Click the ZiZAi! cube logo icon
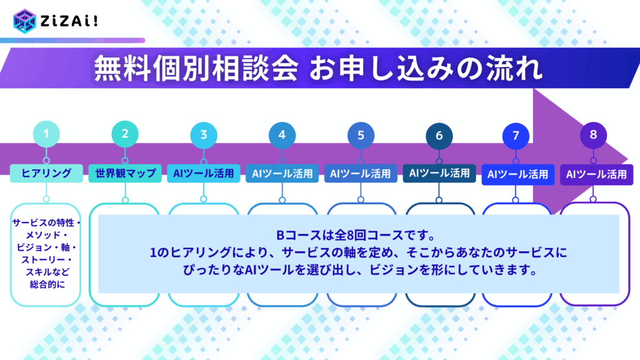pos(24,21)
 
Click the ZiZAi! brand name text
pos(69,21)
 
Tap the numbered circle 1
pos(46,134)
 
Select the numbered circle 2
pos(125,134)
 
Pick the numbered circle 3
pos(204,135)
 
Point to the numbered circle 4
pos(282,135)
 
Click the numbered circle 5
pos(361,136)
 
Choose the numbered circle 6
pos(439,136)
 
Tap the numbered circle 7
pos(516,136)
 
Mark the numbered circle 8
pos(594,135)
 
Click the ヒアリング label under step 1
pos(46,173)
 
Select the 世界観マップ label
pos(125,173)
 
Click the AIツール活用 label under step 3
pos(204,173)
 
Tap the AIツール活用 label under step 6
pos(439,173)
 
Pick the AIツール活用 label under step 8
pos(596,174)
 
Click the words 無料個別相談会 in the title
pos(196,68)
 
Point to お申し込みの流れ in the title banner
pos(426,68)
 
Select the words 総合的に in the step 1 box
pos(47,284)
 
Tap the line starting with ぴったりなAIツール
pos(359,270)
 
